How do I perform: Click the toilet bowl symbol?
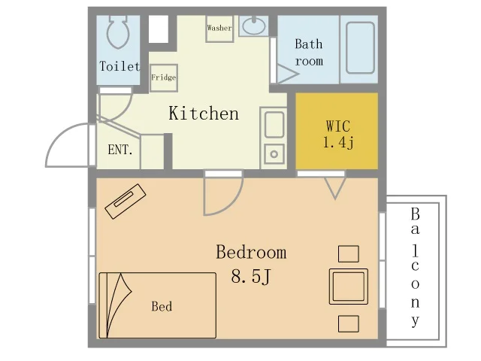(x=117, y=32)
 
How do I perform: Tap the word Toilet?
(x=119, y=66)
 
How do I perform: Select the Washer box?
(x=219, y=29)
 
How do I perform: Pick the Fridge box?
(x=164, y=78)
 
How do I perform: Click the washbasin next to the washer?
(x=254, y=26)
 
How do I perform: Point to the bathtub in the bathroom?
(x=360, y=48)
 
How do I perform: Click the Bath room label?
(x=309, y=53)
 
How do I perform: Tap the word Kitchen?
(x=204, y=113)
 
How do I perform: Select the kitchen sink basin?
(x=274, y=124)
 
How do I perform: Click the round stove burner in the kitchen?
(x=274, y=154)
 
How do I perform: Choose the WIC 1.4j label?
(x=338, y=134)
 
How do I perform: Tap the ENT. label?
(x=120, y=150)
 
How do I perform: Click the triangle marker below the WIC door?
(x=335, y=188)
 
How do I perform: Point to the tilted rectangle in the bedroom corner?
(x=126, y=202)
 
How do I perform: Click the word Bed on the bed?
(x=162, y=306)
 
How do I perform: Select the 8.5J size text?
(x=251, y=276)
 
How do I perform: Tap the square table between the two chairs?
(x=349, y=287)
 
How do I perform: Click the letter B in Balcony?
(x=415, y=214)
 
